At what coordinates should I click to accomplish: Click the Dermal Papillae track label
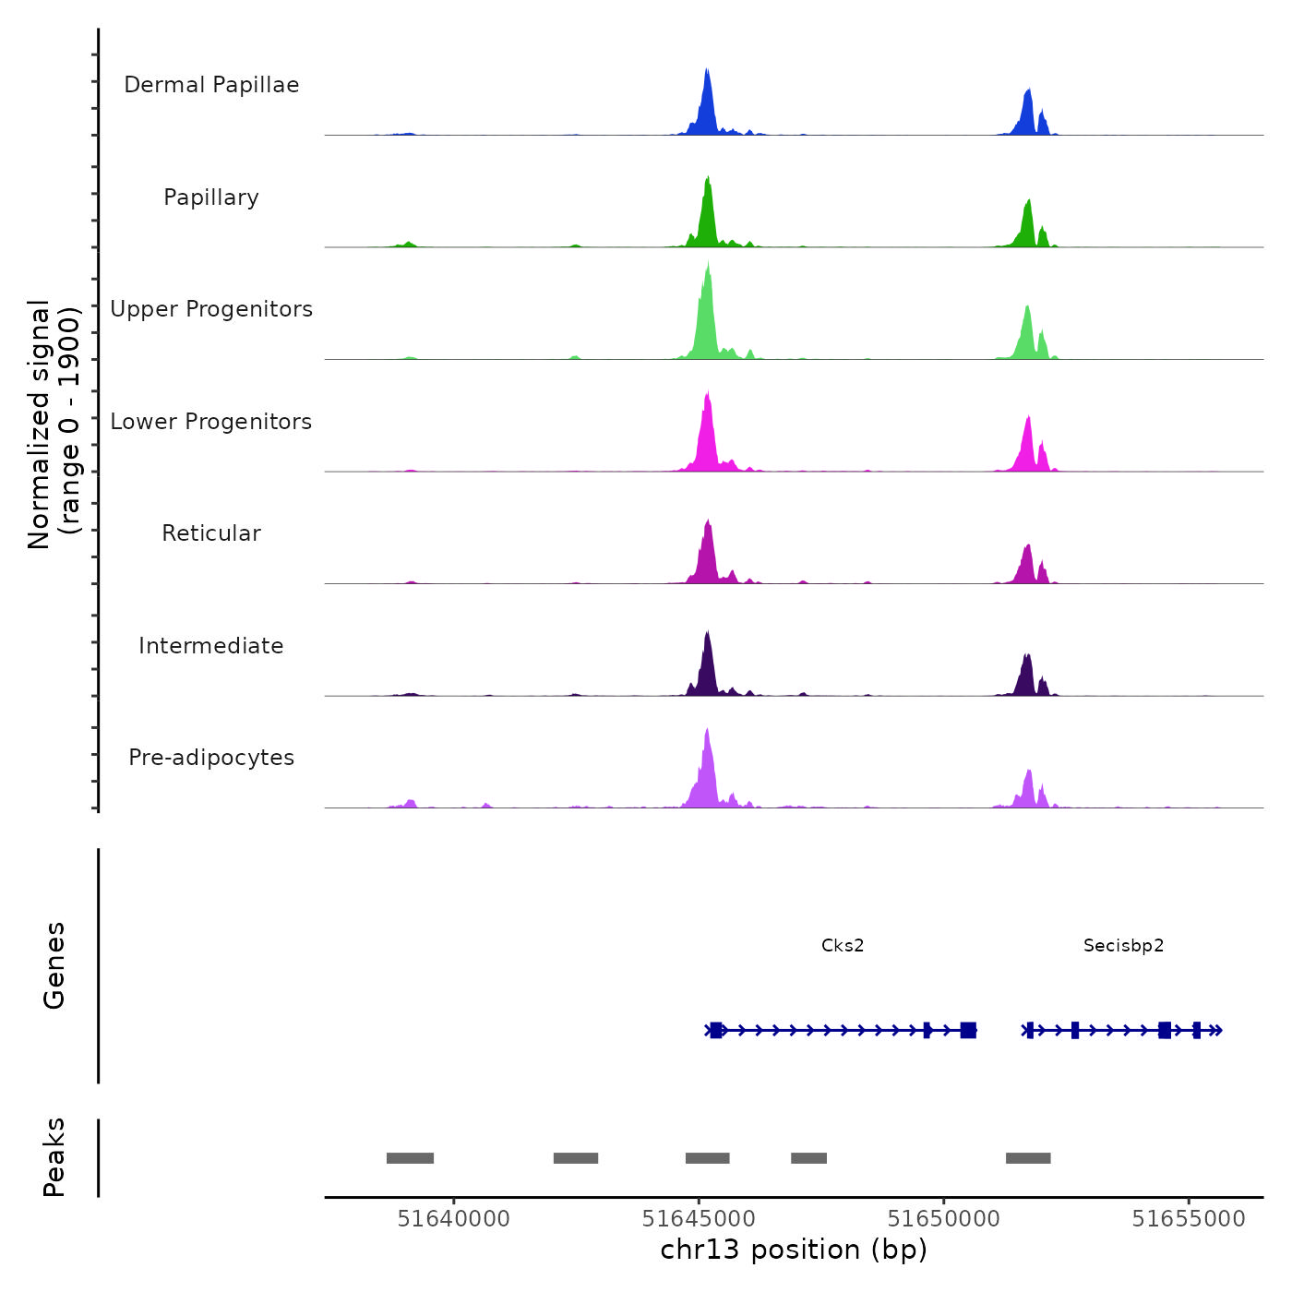pyautogui.click(x=211, y=85)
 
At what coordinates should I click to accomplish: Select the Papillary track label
pyautogui.click(x=211, y=197)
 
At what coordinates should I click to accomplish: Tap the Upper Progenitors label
pyautogui.click(x=211, y=309)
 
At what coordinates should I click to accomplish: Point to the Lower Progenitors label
pyautogui.click(x=211, y=422)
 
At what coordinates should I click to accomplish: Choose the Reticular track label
pyautogui.click(x=211, y=533)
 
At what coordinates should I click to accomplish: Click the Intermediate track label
pyautogui.click(x=211, y=646)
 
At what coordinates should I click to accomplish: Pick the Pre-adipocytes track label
pyautogui.click(x=211, y=758)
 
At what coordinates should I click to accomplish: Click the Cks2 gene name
pyautogui.click(x=843, y=946)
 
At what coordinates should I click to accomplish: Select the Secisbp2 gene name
pyautogui.click(x=1123, y=946)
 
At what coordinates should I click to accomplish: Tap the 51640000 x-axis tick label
pyautogui.click(x=453, y=1219)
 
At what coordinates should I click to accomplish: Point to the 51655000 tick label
pyautogui.click(x=1189, y=1219)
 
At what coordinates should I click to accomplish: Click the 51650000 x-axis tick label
pyautogui.click(x=943, y=1219)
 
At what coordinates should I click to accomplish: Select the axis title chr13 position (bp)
pyautogui.click(x=794, y=1250)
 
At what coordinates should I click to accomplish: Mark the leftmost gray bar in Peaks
pyautogui.click(x=410, y=1158)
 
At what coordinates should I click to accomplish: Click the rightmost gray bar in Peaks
pyautogui.click(x=1028, y=1158)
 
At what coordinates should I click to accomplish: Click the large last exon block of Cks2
pyautogui.click(x=968, y=1030)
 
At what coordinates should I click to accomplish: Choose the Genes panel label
pyautogui.click(x=54, y=965)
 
